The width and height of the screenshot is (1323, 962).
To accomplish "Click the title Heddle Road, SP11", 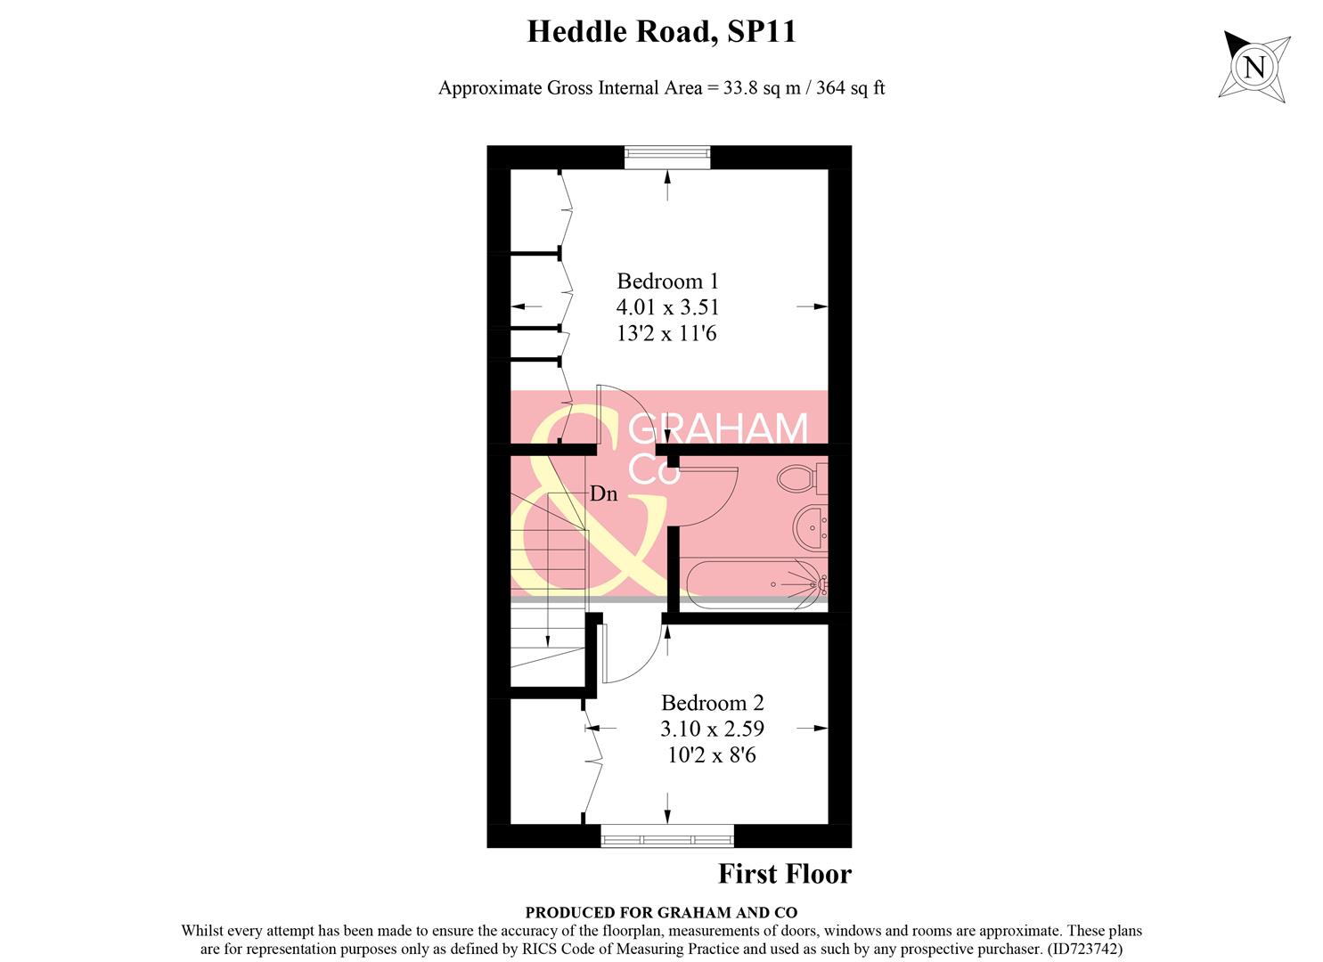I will tap(661, 32).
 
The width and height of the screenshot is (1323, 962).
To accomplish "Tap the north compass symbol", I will tap(1254, 67).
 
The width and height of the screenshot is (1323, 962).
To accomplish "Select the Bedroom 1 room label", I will tap(667, 281).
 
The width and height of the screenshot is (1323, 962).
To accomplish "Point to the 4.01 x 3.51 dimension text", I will tap(667, 307).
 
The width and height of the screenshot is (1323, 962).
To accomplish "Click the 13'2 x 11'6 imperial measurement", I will tap(667, 334).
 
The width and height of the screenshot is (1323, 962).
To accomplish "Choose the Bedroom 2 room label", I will tap(712, 703).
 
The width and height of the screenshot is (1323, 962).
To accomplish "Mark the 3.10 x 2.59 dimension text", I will tap(712, 729).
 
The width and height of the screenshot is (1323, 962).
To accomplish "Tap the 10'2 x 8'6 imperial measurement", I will tap(712, 755).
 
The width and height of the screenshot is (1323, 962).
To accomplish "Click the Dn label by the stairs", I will tap(603, 493).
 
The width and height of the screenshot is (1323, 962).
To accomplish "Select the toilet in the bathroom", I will tap(798, 478).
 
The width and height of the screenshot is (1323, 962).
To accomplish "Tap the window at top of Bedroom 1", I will tap(667, 158).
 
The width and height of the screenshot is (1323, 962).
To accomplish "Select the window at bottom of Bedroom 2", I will tap(667, 836).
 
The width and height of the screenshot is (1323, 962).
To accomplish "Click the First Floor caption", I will tap(784, 875).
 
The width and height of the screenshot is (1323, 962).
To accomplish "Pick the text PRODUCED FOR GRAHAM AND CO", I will tap(661, 912).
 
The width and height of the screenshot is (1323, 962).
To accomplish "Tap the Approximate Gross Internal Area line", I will tap(661, 88).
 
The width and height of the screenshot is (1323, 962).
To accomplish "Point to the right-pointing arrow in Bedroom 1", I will tap(812, 306).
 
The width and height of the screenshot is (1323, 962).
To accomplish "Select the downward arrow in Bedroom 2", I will tap(668, 811).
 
